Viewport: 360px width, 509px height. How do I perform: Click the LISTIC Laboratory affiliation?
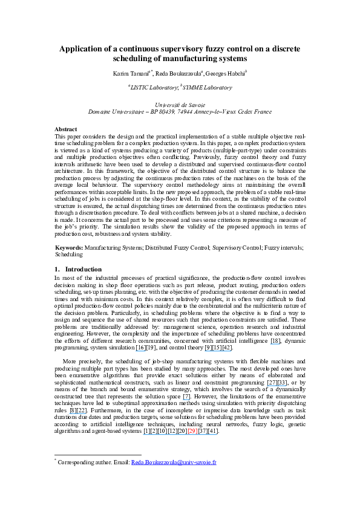pos(152,87)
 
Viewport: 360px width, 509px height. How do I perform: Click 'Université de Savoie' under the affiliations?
pos(180,105)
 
